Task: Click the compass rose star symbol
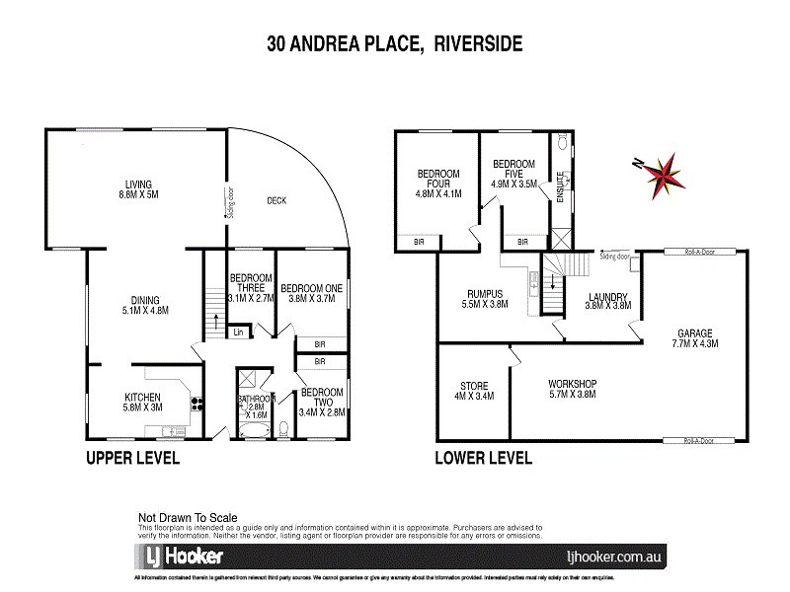pyautogui.click(x=660, y=176)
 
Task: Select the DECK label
pyautogui.click(x=277, y=200)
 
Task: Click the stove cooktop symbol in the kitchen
pyautogui.click(x=195, y=403)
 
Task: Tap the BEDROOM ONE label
pyautogui.click(x=311, y=293)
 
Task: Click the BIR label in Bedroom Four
pyautogui.click(x=419, y=242)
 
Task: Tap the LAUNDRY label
pyautogui.click(x=608, y=302)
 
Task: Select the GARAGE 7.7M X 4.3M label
pyautogui.click(x=696, y=338)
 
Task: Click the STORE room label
pyautogui.click(x=474, y=392)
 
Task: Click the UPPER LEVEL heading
pyautogui.click(x=132, y=458)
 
